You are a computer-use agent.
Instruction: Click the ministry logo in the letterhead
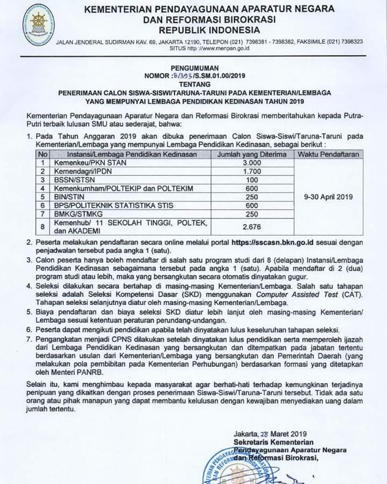pos(38,27)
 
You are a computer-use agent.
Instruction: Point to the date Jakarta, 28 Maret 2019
pos(269,434)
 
